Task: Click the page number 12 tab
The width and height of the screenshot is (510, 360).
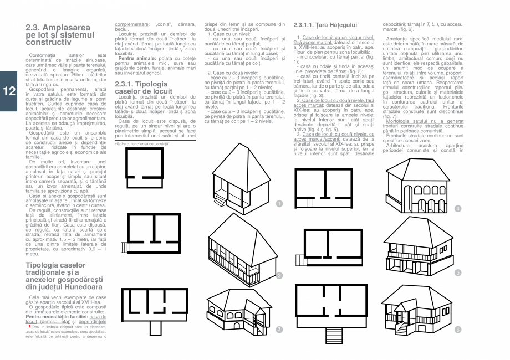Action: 9,91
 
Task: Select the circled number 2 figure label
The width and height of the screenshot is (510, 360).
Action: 279,276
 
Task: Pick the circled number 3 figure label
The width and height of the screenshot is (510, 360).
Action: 279,330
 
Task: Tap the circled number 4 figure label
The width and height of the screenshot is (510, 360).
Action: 458,209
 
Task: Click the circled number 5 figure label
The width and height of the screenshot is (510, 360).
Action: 458,272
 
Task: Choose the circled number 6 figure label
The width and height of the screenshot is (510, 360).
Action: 458,330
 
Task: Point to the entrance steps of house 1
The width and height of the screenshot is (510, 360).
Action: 220,199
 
